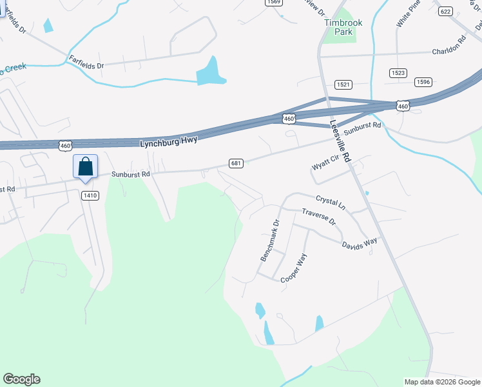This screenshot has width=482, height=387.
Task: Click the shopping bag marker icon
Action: coord(85,168)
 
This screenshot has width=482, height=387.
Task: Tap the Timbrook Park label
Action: coord(343,27)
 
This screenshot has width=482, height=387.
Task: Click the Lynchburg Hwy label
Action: coord(168,141)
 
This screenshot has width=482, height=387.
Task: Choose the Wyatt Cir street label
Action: coord(325,163)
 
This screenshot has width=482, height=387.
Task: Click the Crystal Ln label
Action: coord(331,203)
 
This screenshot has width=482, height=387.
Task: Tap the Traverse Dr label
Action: coord(319,216)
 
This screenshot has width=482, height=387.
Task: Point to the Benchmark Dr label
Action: coord(269,241)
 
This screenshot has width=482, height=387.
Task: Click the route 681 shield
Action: coord(236,164)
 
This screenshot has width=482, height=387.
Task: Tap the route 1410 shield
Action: coord(90,195)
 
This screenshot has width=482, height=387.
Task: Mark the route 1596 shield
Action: coord(423,81)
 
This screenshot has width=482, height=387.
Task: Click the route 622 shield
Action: coord(445,11)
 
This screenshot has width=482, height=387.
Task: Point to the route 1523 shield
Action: coord(398,74)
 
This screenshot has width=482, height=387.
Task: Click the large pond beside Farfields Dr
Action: coord(211,72)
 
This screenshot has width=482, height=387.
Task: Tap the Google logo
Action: coord(21,379)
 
